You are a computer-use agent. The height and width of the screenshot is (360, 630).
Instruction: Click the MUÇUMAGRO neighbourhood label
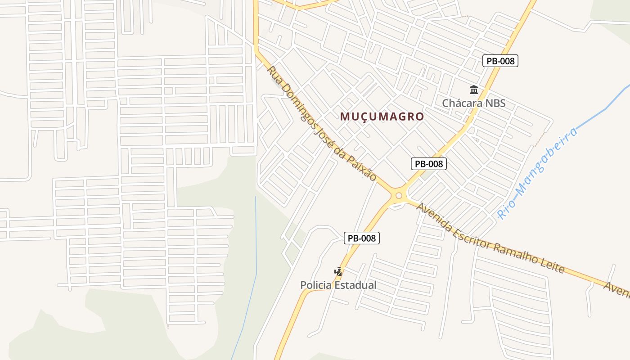[382, 117]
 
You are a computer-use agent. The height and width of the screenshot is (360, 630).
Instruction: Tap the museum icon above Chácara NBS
[473, 90]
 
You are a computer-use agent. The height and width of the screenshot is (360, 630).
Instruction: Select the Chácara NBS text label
[473, 103]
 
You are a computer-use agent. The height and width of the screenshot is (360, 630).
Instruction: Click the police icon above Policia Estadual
[338, 271]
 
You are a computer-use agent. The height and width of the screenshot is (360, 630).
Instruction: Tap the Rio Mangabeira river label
[537, 173]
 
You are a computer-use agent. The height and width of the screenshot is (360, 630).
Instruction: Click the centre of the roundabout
[399, 195]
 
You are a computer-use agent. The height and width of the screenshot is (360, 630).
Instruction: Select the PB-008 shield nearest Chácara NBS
[500, 61]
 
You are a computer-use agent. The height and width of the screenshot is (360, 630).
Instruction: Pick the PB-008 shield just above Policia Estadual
[362, 238]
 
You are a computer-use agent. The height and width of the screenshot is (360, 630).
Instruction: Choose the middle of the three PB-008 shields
[429, 164]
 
